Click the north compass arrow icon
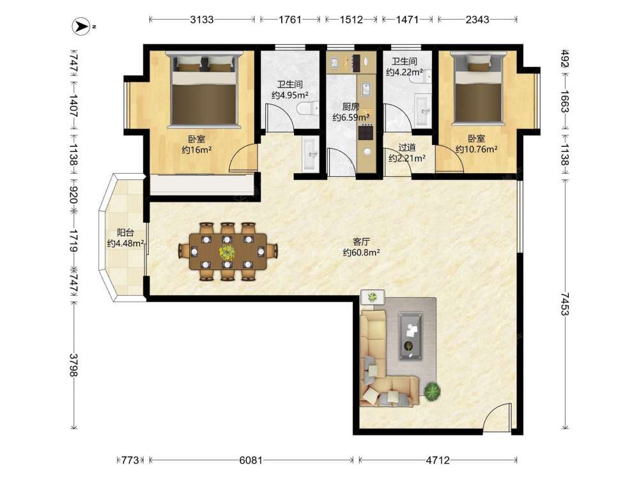point(81,26)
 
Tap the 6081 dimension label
point(250,460)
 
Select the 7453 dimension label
point(564,304)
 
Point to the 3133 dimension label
point(202,20)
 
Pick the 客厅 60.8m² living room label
point(362,247)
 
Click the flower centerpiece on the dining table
point(227,252)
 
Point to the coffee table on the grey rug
point(411,336)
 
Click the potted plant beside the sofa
point(432,392)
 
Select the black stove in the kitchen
point(366,132)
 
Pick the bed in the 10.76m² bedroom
point(479,88)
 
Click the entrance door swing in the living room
point(497,416)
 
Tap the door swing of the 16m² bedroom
point(243,158)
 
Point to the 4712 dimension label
point(438,460)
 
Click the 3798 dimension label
point(73,365)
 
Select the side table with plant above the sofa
point(373,297)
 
